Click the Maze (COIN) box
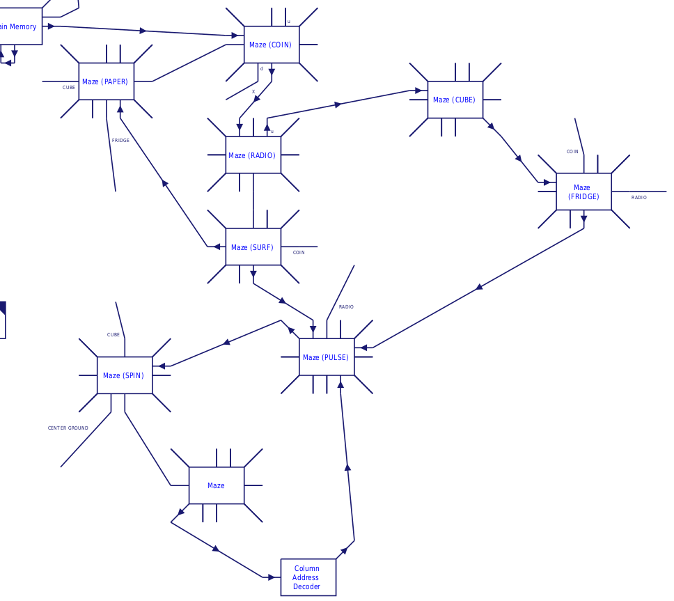[272, 45]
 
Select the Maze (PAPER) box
[106, 81]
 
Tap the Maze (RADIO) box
[253, 155]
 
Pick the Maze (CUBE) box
[455, 100]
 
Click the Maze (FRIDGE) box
[583, 192]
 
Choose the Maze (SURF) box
[253, 247]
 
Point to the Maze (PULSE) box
[327, 357]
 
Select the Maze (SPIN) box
[124, 375]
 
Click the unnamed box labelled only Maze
[216, 485]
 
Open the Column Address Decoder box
[308, 577]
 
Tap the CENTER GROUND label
[68, 428]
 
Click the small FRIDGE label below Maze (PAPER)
[120, 141]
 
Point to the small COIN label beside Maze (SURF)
[299, 253]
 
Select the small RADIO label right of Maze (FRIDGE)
[639, 198]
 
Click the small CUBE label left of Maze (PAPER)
[69, 88]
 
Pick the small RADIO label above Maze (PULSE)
[346, 307]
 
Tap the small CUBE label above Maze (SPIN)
[113, 335]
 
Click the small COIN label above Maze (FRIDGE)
[572, 152]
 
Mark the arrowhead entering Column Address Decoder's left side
[271, 577]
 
